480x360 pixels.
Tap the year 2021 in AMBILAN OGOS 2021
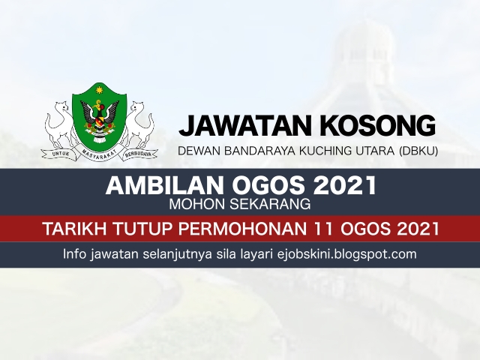(x=342, y=184)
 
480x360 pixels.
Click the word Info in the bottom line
(x=78, y=254)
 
